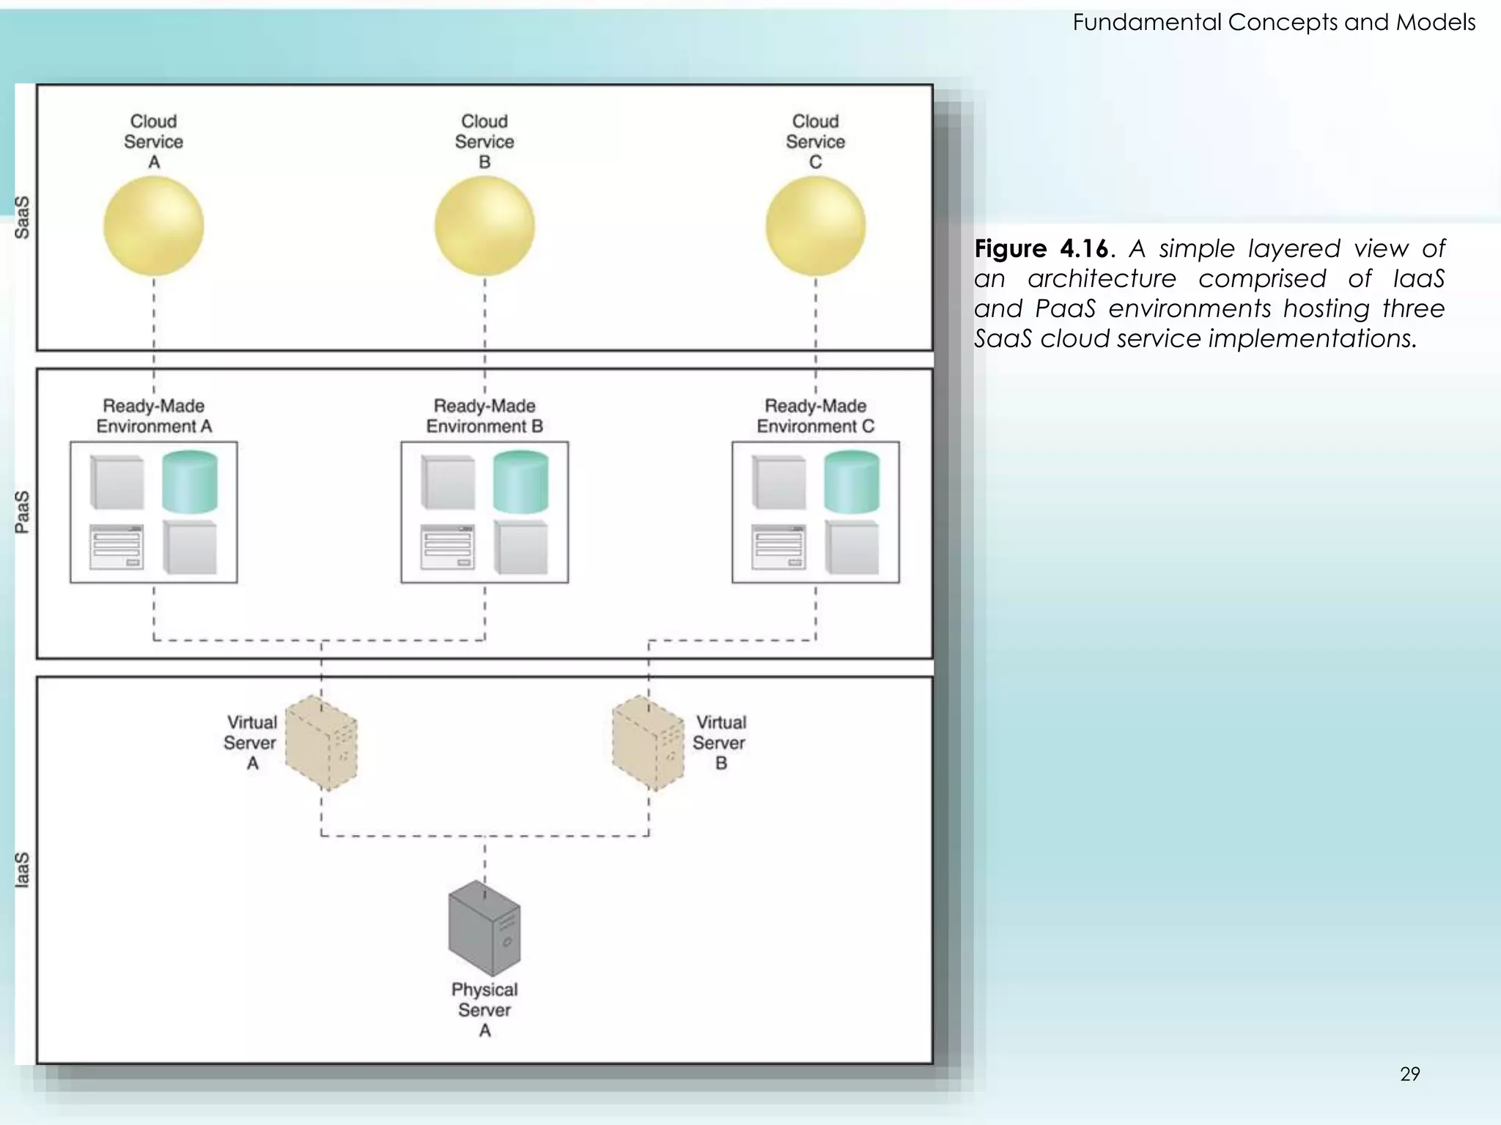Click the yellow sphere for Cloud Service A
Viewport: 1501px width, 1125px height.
[153, 226]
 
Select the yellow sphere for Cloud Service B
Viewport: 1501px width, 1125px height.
[484, 226]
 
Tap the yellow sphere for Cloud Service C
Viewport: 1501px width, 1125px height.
[815, 226]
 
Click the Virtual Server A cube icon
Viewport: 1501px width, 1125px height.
[321, 743]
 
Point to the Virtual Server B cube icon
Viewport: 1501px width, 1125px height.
[648, 743]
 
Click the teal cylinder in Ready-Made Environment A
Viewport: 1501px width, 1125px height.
[190, 482]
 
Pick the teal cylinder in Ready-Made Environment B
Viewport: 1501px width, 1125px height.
[520, 482]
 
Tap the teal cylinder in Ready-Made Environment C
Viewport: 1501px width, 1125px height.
[852, 482]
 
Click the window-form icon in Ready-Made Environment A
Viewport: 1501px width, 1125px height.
[117, 547]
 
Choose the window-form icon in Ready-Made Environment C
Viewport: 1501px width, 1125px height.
[778, 547]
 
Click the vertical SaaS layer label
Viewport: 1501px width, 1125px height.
[23, 218]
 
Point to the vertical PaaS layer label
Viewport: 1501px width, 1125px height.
[23, 512]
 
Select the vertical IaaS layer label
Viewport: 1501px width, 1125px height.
[23, 869]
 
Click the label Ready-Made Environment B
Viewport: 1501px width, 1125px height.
[484, 416]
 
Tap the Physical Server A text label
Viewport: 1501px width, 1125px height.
[484, 1009]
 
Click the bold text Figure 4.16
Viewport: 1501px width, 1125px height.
[1041, 249]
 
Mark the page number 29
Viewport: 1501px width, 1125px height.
[1409, 1074]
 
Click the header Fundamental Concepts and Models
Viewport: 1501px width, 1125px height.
[1274, 23]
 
